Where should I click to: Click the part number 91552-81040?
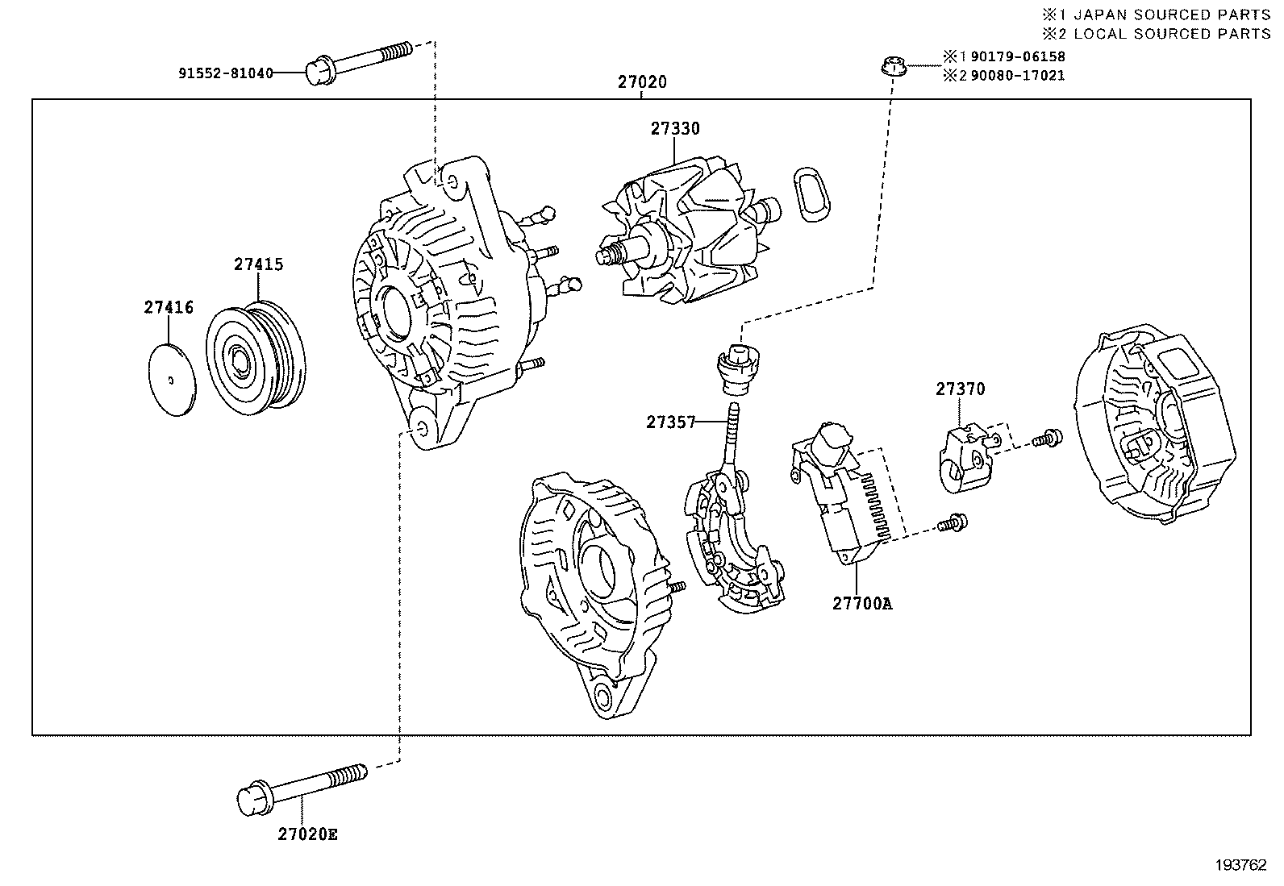coord(226,73)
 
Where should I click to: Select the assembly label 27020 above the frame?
coord(642,82)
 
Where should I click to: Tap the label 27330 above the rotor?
coord(675,129)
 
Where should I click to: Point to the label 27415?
coord(259,264)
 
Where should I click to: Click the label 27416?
coord(169,307)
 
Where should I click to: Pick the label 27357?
coord(670,422)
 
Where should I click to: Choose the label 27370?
coord(960,389)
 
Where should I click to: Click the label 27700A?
coord(862,603)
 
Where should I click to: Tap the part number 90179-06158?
coord(1018,56)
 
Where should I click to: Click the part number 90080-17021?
coord(1018,75)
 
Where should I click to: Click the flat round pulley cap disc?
coord(171,381)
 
